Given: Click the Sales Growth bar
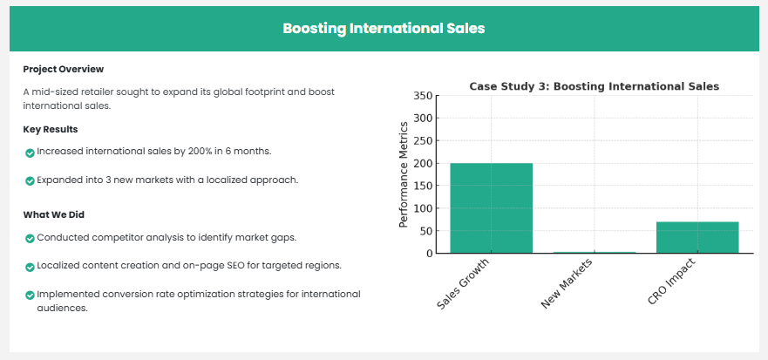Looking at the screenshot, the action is click(492, 208).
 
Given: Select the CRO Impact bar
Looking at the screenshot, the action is click(697, 238).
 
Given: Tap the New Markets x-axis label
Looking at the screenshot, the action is click(568, 284).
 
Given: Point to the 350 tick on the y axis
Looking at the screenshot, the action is click(423, 96).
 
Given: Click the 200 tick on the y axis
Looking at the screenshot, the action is click(423, 163).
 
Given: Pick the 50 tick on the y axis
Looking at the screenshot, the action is click(426, 231).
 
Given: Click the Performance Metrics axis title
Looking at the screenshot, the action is click(403, 174).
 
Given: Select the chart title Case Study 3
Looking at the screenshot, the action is click(595, 86).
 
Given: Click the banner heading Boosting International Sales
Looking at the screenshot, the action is click(384, 29).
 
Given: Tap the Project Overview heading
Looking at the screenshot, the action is click(63, 69).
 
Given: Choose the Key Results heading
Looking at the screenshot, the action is click(51, 129).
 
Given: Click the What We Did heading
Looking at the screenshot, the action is click(54, 214).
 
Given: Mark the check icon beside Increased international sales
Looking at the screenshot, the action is click(30, 153).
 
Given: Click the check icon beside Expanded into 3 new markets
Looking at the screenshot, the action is click(30, 181).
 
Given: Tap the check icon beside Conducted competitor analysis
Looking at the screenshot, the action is click(30, 239).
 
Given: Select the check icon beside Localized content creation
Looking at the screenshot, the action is click(30, 267).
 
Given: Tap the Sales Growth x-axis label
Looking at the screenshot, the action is click(463, 284).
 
